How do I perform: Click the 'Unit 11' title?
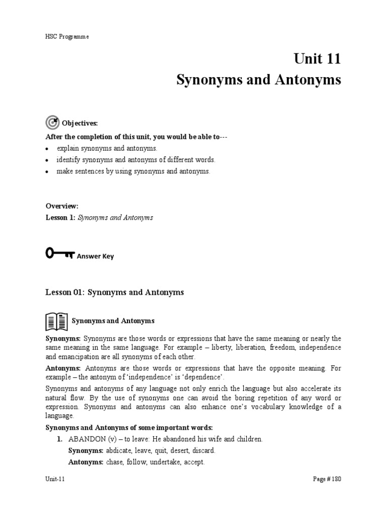[x=317, y=59]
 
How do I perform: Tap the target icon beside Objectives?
[x=52, y=122]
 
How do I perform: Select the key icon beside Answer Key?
[x=59, y=254]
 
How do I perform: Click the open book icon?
[x=56, y=320]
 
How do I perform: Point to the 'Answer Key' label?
[x=95, y=256]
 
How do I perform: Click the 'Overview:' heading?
[x=62, y=206]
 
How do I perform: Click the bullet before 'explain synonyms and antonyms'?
[x=47, y=149]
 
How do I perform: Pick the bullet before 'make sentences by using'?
[x=47, y=172]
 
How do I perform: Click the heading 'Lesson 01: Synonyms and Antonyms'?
[x=115, y=292]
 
